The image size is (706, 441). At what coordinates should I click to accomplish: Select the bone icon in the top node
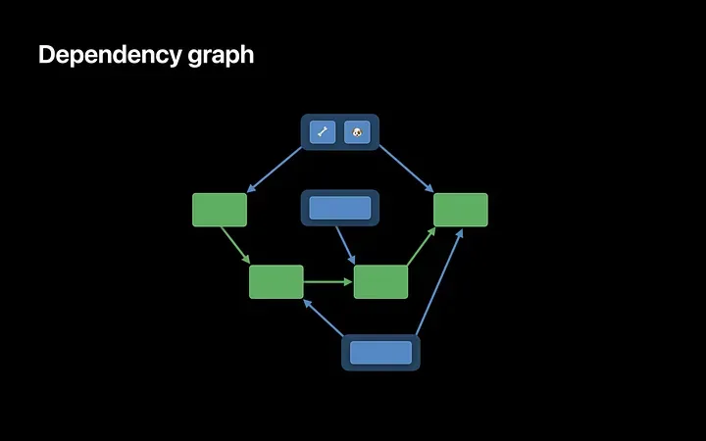pos(323,131)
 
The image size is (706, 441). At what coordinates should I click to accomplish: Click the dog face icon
pos(357,131)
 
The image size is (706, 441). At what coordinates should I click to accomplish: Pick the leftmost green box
pos(220,210)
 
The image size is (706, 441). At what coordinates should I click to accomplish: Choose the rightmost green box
pos(461,210)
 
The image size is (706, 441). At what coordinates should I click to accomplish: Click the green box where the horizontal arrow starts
pos(277,281)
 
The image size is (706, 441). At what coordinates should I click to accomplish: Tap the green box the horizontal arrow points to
pos(380,281)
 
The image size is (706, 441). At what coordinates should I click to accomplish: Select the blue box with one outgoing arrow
pos(339,208)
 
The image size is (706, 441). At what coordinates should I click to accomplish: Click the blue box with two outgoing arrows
pos(380,353)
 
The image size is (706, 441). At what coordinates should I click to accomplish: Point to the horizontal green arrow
pos(327,282)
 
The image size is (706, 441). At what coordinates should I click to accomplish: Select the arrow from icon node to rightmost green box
pos(405,169)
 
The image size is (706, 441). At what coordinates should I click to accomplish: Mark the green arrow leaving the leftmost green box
pos(234,245)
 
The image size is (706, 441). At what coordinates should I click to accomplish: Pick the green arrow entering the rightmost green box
pos(422,246)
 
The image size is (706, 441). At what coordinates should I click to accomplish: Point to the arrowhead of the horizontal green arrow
pos(348,282)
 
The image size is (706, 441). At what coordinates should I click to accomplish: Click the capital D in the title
pos(46,55)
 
